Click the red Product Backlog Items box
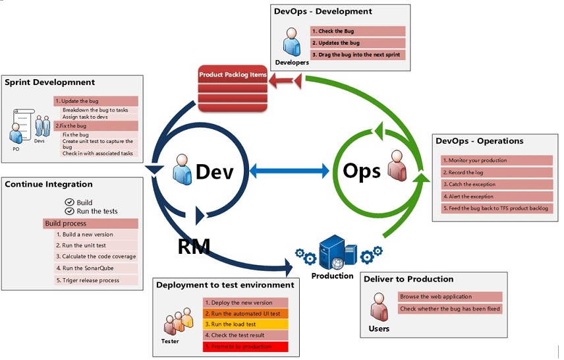click(233, 88)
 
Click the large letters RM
click(194, 247)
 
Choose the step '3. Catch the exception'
click(496, 185)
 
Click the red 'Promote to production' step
click(246, 346)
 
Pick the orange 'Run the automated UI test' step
click(246, 313)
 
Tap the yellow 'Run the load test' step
click(246, 324)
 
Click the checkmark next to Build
click(69, 202)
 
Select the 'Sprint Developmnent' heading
click(50, 82)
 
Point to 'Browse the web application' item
click(450, 297)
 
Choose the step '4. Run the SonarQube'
click(91, 268)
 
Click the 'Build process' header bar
click(91, 224)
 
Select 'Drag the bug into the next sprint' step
click(358, 55)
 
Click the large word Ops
click(362, 171)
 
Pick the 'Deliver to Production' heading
click(409, 279)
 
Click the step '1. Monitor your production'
click(496, 160)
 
